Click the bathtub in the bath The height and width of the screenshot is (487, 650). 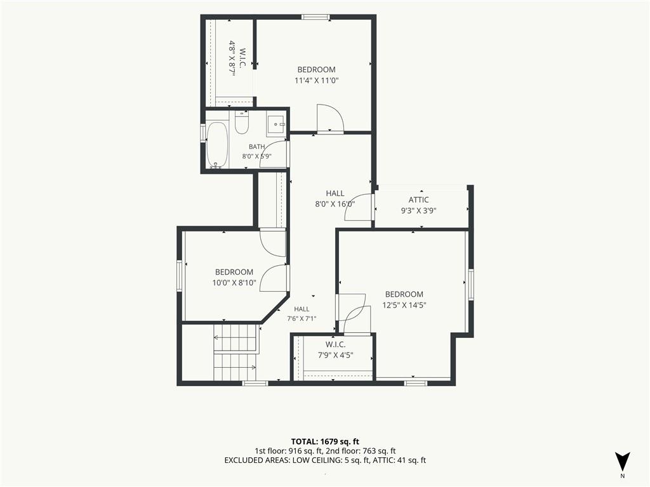pyautogui.click(x=217, y=145)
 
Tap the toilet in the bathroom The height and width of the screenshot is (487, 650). pyautogui.click(x=241, y=122)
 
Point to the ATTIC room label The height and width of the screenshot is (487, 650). pyautogui.click(x=419, y=200)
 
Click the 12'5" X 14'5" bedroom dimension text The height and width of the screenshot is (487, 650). pyautogui.click(x=404, y=305)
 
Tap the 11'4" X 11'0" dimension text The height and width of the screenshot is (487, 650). pyautogui.click(x=316, y=81)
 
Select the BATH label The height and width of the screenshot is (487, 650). pyautogui.click(x=256, y=146)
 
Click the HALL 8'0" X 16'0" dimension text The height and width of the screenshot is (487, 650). pyautogui.click(x=335, y=204)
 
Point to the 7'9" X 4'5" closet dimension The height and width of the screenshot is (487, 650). pyautogui.click(x=335, y=355)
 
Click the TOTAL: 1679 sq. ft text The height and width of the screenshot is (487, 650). pyautogui.click(x=322, y=441)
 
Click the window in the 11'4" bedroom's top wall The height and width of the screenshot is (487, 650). pyautogui.click(x=315, y=17)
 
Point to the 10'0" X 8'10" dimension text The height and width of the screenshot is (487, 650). pyautogui.click(x=234, y=283)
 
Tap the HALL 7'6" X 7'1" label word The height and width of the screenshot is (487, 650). pyautogui.click(x=302, y=309)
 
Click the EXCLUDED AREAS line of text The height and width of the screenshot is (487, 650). pyautogui.click(x=325, y=460)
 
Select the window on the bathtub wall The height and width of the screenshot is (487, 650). pyautogui.click(x=203, y=133)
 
